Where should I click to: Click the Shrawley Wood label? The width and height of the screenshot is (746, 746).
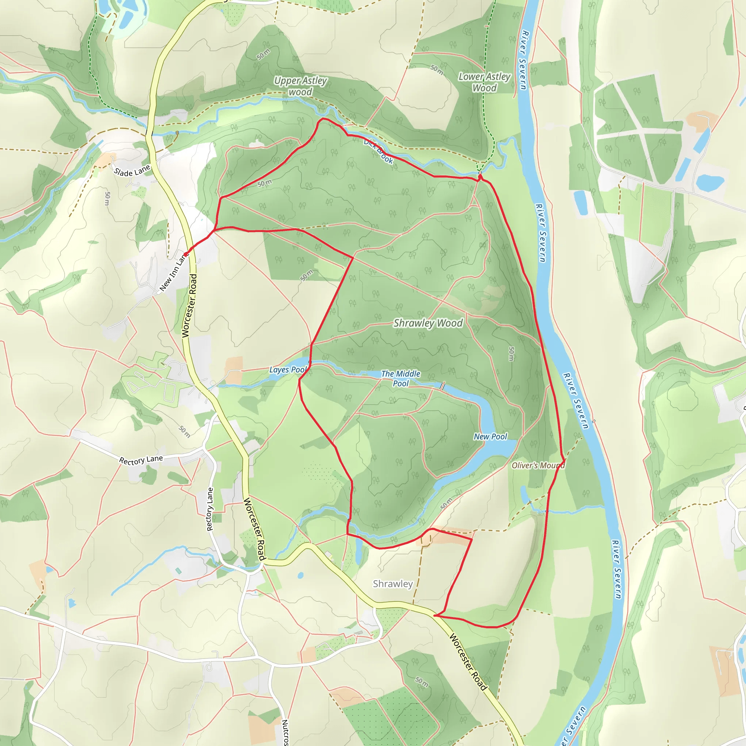(428, 323)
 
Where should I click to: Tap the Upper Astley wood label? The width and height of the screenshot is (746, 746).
(301, 86)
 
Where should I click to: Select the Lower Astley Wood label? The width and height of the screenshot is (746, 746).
(484, 82)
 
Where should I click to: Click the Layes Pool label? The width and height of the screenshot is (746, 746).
(288, 369)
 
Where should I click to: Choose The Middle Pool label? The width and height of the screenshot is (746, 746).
(400, 378)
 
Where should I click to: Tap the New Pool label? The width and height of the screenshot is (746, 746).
(490, 436)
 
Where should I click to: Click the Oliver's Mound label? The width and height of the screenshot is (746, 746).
(538, 465)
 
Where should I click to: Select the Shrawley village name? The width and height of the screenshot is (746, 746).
(393, 584)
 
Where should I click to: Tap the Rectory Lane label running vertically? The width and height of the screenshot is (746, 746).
(210, 509)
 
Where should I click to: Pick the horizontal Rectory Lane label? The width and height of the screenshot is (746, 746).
(141, 460)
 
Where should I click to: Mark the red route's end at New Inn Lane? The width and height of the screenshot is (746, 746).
(186, 254)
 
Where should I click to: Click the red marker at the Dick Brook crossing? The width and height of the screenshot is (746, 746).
(480, 177)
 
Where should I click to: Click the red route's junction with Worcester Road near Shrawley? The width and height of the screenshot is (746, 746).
(435, 616)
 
